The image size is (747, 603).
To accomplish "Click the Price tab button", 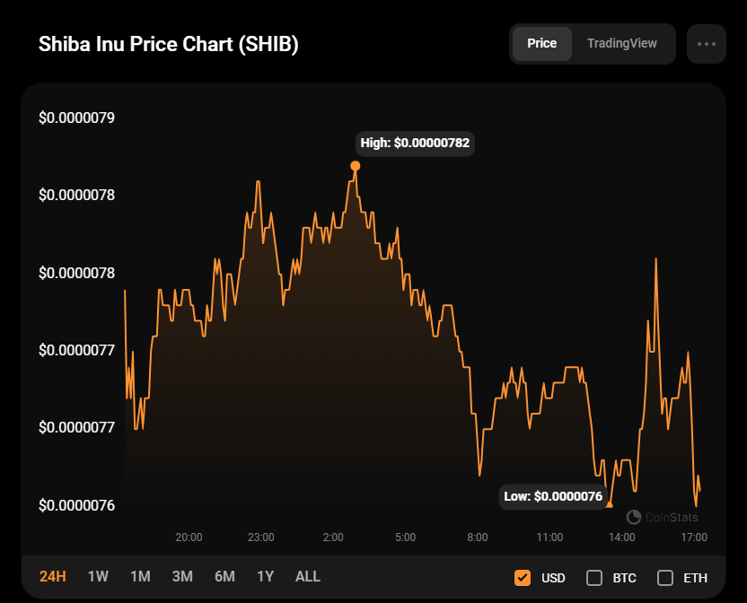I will click(541, 43).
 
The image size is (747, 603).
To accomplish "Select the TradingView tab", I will click(621, 43).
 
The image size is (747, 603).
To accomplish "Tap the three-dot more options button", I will click(706, 44).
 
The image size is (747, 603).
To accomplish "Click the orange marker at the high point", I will click(356, 166).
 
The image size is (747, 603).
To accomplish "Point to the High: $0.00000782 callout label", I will click(415, 143).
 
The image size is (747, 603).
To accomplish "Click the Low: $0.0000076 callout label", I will click(552, 496).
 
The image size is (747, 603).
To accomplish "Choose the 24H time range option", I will click(53, 576).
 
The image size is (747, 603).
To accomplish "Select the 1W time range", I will click(98, 576).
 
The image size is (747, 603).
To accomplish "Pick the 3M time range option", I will click(182, 576).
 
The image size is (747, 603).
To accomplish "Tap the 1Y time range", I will click(265, 576).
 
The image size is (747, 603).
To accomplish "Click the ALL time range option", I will click(308, 576).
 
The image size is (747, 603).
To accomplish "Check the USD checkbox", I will click(523, 577).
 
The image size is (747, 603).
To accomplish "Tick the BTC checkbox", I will click(594, 577).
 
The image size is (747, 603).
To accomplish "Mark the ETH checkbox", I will click(665, 577).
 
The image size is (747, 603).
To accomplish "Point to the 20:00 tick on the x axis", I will click(189, 537).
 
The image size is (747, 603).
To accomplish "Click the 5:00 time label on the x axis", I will click(405, 537).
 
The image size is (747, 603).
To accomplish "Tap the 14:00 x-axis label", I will click(622, 537).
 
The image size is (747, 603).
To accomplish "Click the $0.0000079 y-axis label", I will click(83, 118).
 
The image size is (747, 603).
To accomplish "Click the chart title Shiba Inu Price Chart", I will click(168, 45).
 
